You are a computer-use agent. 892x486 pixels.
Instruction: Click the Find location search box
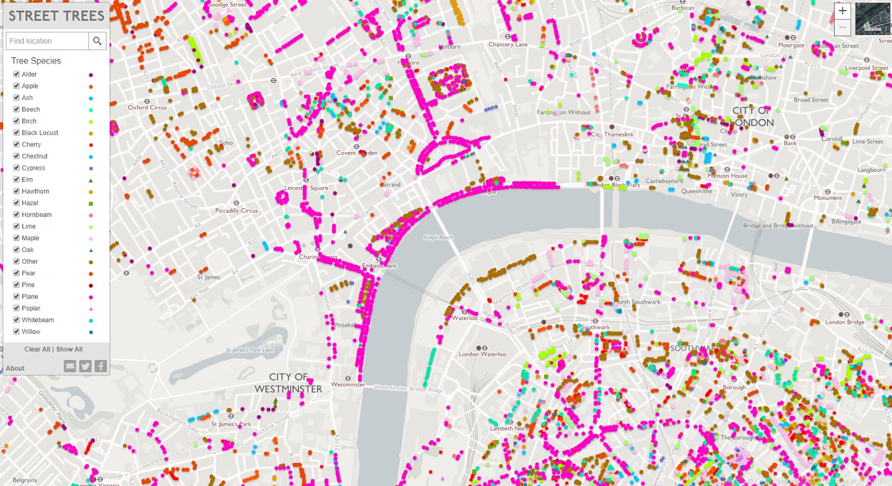point(47,41)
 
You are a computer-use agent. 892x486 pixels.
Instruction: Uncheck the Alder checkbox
point(17,74)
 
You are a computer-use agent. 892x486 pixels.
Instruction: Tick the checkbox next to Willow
point(17,332)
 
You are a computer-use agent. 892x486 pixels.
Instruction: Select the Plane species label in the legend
point(30,297)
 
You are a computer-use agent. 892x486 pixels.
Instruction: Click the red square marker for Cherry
point(91,145)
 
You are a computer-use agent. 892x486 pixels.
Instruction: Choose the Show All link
point(70,349)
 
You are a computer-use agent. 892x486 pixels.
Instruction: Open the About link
point(15,368)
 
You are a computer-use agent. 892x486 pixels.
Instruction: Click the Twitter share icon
point(85,366)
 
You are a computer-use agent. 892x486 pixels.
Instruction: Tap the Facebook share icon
point(100,366)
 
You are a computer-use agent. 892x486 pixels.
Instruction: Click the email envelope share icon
point(70,366)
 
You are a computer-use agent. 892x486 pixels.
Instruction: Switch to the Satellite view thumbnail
point(872,19)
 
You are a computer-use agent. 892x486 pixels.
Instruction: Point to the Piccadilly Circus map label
point(236,211)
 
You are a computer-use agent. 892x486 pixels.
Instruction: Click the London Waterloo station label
point(482,354)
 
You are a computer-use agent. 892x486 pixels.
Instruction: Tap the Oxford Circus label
point(147,108)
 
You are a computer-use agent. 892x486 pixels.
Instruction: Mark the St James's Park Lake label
point(250,350)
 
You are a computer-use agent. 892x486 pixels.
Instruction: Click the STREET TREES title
point(56,16)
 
